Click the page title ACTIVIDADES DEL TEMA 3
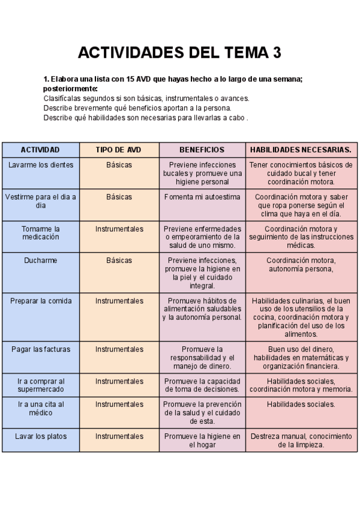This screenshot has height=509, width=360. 179,53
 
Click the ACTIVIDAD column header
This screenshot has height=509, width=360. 40,149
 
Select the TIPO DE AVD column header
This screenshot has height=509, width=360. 119,149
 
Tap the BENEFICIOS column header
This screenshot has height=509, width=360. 202,149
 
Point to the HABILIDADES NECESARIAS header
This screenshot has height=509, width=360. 301,149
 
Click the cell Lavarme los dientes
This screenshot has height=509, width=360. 40,164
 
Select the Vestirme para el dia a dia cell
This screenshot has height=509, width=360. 40,200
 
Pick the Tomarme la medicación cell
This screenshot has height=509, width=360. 40,233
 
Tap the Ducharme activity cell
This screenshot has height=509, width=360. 40,261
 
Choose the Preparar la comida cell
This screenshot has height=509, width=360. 40,301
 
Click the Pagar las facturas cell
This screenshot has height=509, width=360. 40,349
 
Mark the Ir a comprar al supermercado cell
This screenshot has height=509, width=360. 40,385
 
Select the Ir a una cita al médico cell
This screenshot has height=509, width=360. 40,408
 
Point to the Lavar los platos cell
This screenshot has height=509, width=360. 40,436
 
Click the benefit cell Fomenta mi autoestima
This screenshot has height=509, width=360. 202,196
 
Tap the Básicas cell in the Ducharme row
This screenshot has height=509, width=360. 119,261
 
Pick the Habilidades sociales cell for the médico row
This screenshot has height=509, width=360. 301,405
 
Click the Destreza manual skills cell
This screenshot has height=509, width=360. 301,441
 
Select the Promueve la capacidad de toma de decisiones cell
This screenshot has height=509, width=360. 202,385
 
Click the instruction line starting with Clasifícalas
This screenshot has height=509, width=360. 146,98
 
